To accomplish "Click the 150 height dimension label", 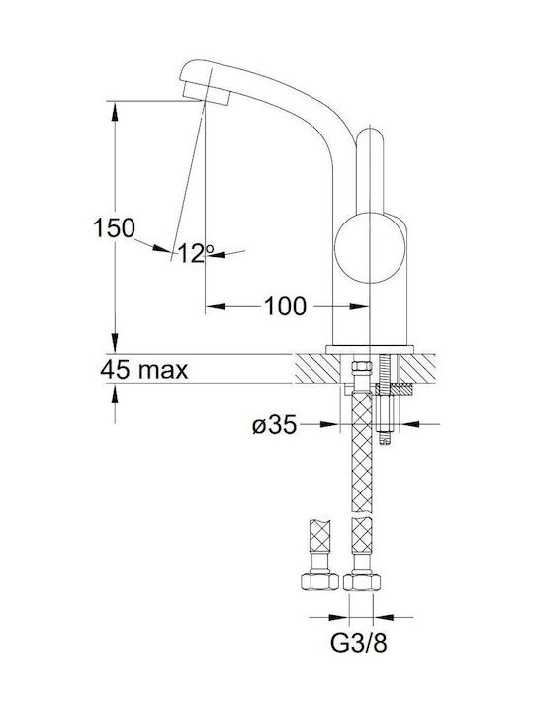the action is click(x=114, y=228).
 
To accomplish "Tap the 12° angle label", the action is click(x=196, y=253).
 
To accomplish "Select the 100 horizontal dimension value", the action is click(x=285, y=306).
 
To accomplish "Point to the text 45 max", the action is click(x=144, y=370).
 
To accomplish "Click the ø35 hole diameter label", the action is click(x=275, y=425).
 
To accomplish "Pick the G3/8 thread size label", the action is click(x=358, y=643).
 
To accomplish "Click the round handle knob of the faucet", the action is click(x=370, y=247).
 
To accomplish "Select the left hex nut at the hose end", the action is click(x=319, y=580).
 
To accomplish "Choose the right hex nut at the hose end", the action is click(x=362, y=581).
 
